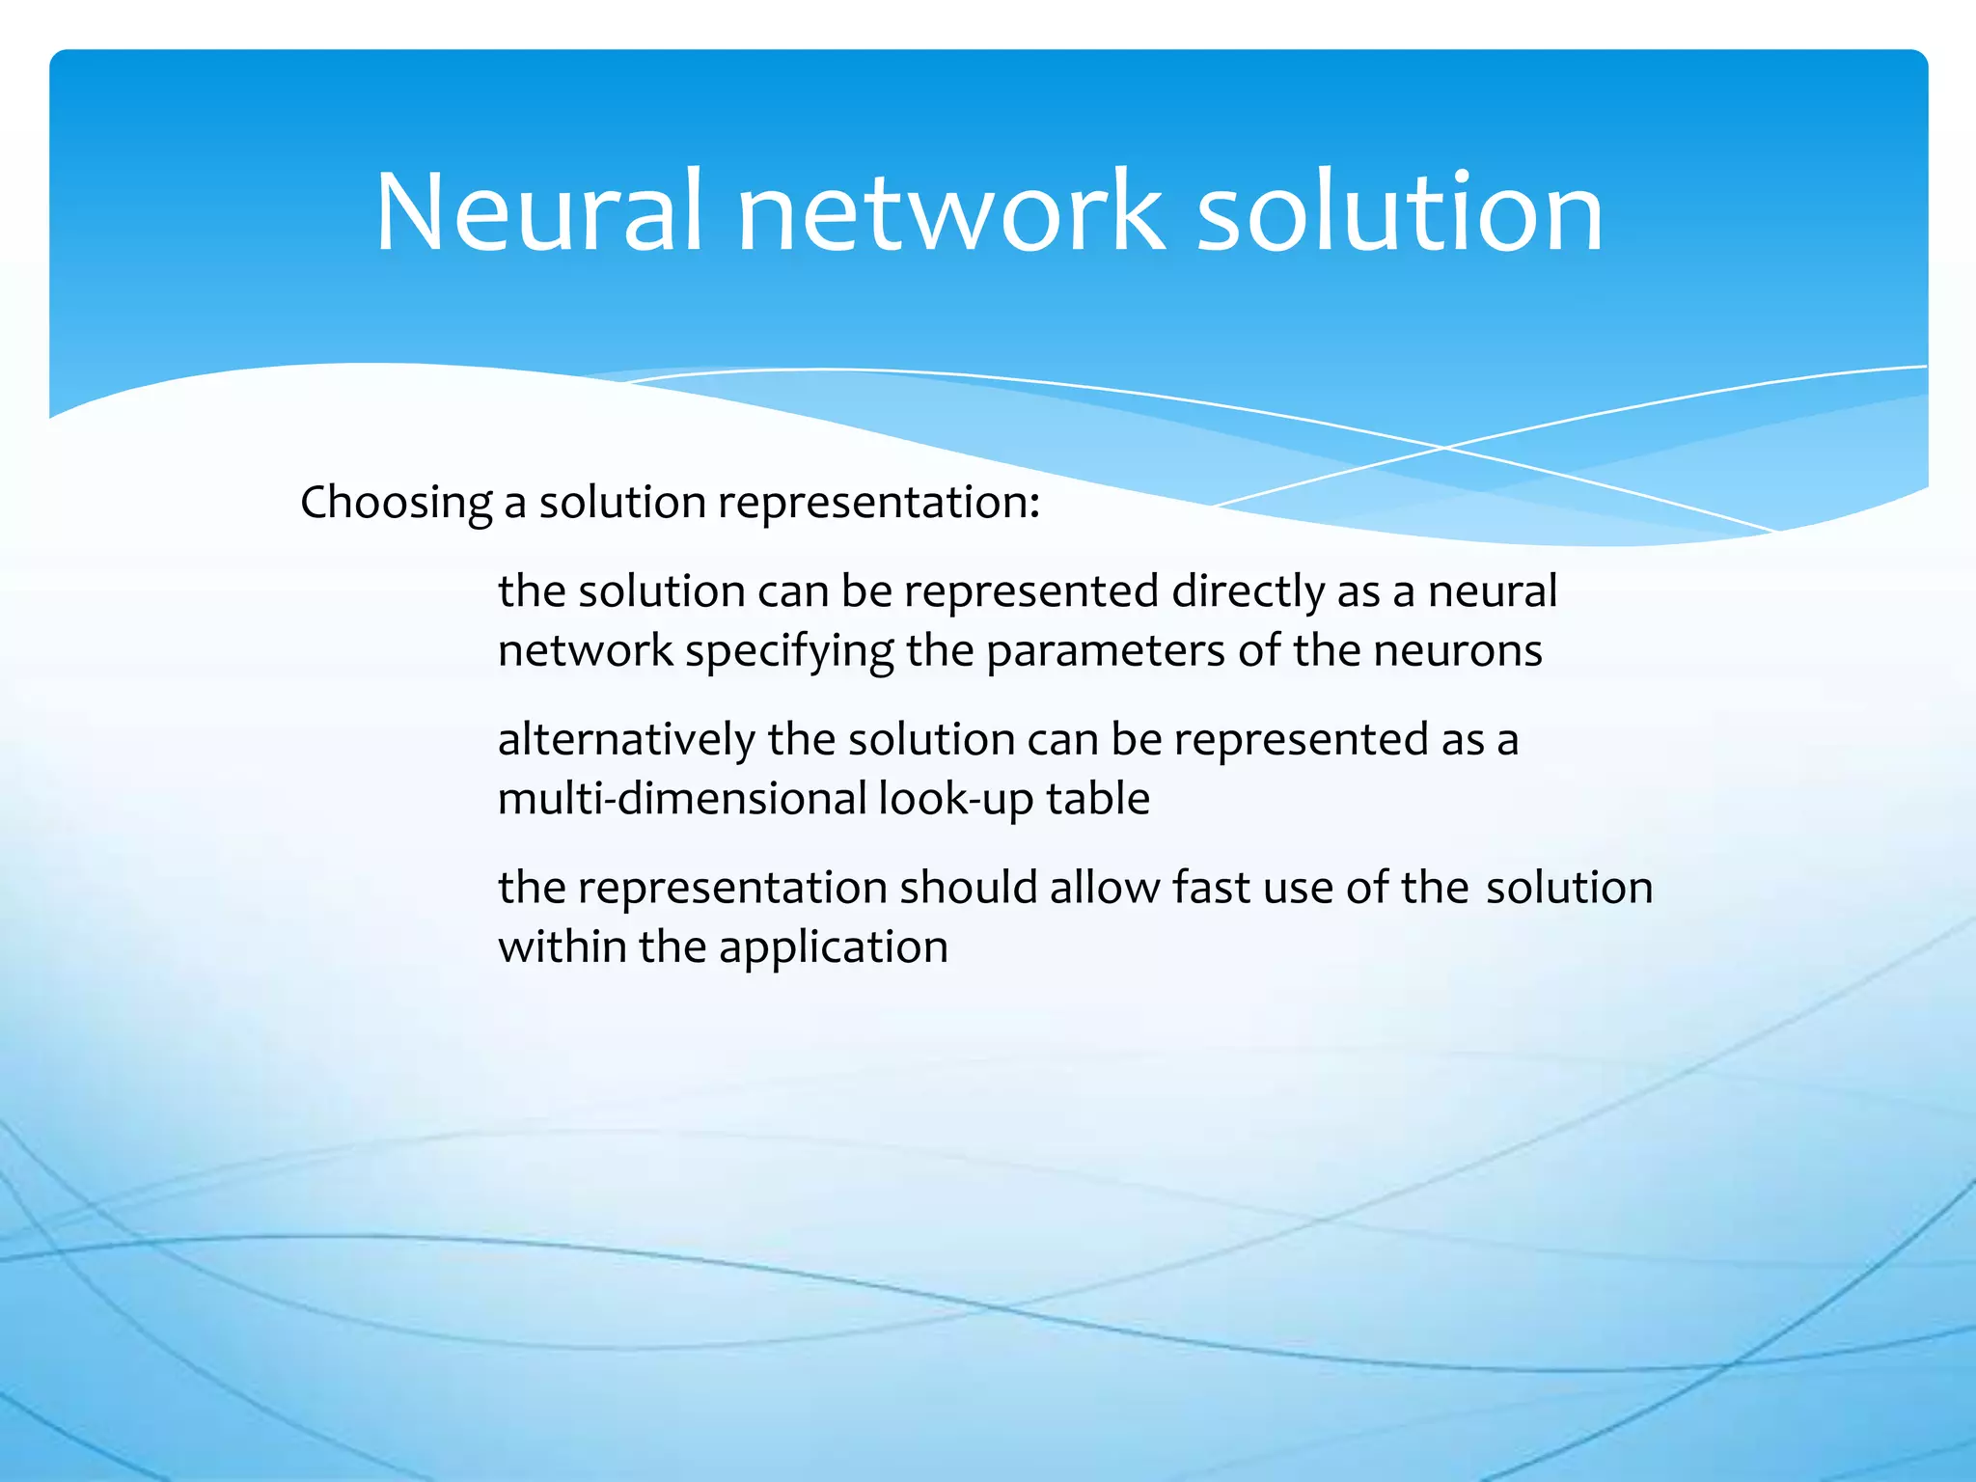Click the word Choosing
coord(397,503)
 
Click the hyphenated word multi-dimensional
coord(682,800)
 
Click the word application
coord(833,947)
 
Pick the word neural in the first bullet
coord(1492,591)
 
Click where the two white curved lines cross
coord(1444,448)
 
